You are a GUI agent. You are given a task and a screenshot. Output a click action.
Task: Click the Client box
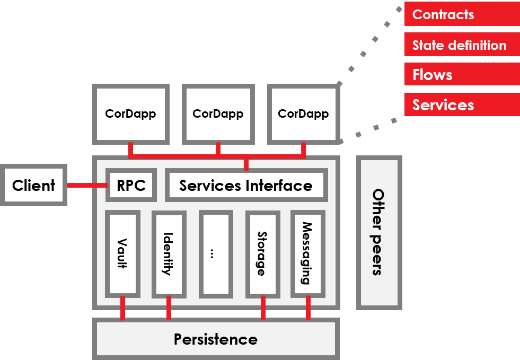(x=34, y=186)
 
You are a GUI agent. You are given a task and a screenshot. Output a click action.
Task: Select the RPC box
(x=131, y=186)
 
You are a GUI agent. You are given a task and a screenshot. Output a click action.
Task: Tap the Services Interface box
(x=246, y=186)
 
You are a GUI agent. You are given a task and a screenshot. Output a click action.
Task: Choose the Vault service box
(x=122, y=253)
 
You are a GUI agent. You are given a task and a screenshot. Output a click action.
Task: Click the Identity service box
(x=169, y=253)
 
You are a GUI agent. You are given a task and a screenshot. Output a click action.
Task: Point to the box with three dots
(x=215, y=253)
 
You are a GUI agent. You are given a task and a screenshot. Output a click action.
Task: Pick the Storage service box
(x=262, y=253)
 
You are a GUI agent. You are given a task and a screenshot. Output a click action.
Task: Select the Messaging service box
(x=307, y=253)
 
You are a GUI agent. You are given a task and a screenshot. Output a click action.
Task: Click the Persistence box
(x=216, y=339)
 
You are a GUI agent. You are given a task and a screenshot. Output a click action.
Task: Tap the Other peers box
(x=378, y=232)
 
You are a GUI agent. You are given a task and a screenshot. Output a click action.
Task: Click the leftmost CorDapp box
(x=130, y=114)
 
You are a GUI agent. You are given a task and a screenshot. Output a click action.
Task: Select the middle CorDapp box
(x=218, y=114)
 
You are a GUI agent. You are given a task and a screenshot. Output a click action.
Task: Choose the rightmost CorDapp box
(x=303, y=114)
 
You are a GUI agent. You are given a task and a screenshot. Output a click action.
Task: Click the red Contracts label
(x=462, y=14)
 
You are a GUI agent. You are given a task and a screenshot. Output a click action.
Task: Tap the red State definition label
(x=462, y=45)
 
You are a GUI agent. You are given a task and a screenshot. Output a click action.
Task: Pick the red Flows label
(x=462, y=75)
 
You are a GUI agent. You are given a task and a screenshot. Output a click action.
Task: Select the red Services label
(x=462, y=105)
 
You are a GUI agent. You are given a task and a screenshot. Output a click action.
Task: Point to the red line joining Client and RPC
(x=86, y=186)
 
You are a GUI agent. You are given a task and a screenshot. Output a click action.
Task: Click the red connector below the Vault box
(x=122, y=308)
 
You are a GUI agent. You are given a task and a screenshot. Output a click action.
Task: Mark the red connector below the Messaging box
(x=308, y=308)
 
